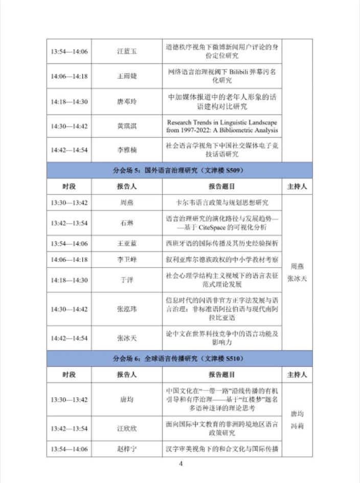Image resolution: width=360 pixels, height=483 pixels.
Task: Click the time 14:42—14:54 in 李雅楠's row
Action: tap(69, 150)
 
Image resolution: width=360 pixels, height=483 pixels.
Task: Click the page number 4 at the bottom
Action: tap(181, 464)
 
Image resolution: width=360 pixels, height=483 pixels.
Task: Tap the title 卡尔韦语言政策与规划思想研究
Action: tap(222, 203)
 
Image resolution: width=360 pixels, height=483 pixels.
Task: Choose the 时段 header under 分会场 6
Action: tap(69, 375)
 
